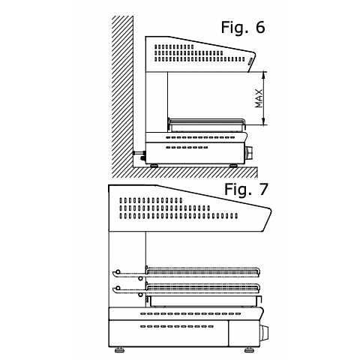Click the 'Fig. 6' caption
[243, 27]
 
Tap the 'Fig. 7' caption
[246, 189]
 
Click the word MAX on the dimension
[259, 98]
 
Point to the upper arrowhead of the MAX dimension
[263, 74]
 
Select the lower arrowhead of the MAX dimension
[263, 122]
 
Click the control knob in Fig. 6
[249, 153]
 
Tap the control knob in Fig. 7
[264, 333]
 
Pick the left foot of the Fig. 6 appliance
[154, 166]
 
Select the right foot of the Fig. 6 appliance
[234, 166]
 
